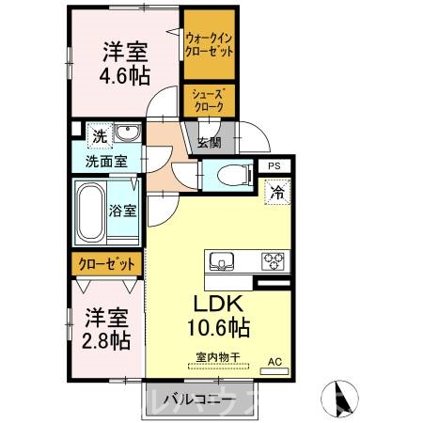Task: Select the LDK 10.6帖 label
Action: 222,316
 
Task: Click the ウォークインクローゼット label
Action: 210,42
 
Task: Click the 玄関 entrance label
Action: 209,143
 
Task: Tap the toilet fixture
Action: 228,174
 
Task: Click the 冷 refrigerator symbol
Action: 278,192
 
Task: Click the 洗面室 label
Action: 108,161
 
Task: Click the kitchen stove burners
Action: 274,259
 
